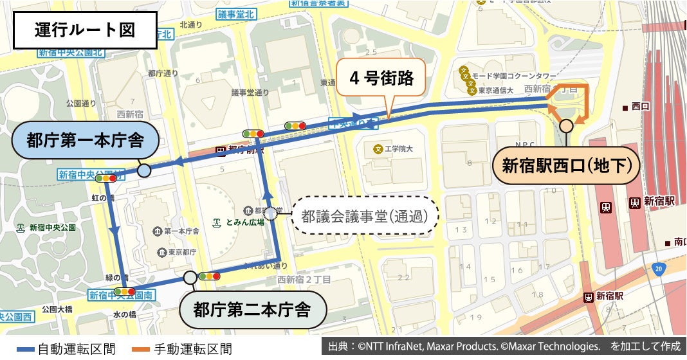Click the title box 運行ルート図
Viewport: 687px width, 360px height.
pos(86,31)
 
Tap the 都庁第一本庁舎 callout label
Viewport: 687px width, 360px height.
pos(84,140)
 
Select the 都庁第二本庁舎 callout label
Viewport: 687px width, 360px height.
pos(252,310)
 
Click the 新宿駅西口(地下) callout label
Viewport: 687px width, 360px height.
pos(566,166)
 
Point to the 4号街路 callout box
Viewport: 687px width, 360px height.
pos(381,78)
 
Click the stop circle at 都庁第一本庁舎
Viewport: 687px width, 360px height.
pos(144,170)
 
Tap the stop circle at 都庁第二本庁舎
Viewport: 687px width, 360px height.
pos(190,278)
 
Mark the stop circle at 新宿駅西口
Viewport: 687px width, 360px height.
pos(566,125)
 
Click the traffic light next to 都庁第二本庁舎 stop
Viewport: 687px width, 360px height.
pos(209,276)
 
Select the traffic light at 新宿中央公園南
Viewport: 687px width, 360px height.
pos(124,292)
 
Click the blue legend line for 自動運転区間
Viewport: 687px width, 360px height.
pos(17,350)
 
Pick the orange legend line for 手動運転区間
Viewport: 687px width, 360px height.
pos(133,350)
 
